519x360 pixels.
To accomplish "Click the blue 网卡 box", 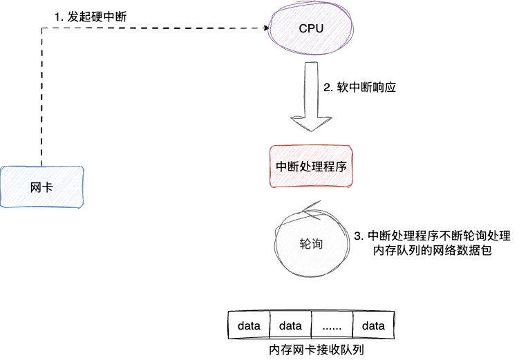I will pos(41,187).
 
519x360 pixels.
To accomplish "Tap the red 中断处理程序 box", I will pos(311,167).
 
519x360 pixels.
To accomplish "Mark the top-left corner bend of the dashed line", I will pos(42,29).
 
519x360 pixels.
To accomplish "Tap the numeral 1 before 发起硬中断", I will pos(57,15).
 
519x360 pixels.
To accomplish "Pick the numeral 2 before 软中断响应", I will pos(327,88).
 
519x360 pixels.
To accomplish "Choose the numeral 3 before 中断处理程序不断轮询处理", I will pos(357,236).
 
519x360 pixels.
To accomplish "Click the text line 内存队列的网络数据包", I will pos(432,251).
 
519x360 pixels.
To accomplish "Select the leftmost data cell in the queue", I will pos(249,325).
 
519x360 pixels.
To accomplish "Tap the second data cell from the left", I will pos(290,325).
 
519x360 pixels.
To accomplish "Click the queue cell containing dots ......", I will pos(332,325).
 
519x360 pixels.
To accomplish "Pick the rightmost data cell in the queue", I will pos(373,325).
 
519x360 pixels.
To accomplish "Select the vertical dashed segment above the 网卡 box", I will pos(42,97).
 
